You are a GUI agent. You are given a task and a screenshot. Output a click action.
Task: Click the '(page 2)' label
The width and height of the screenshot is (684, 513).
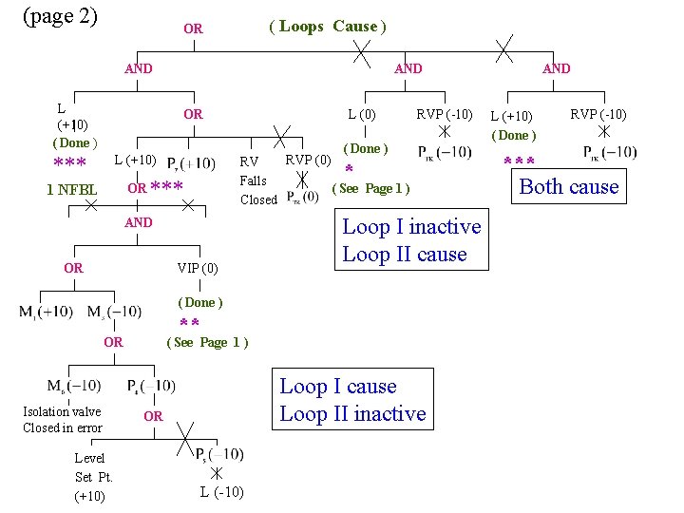(x=59, y=16)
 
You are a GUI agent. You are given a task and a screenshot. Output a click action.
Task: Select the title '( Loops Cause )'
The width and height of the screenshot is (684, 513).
(x=328, y=27)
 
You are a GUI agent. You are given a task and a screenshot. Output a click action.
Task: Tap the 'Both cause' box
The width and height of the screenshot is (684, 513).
(x=569, y=187)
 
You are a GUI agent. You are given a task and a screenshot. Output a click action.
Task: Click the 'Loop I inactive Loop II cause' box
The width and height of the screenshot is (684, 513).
(x=411, y=240)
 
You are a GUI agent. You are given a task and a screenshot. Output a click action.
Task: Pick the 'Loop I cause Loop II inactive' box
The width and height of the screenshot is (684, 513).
(x=352, y=400)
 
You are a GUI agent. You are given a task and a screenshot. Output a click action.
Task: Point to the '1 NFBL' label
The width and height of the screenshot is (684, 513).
(x=72, y=190)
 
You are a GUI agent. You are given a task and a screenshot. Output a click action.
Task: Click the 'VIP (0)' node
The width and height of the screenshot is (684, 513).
(x=198, y=268)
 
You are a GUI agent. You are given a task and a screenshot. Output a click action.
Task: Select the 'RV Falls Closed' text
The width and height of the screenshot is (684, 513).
(x=258, y=180)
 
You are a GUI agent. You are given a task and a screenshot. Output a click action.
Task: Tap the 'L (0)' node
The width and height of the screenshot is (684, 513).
(x=362, y=115)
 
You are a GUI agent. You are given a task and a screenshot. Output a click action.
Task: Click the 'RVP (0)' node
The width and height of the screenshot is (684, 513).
(x=308, y=159)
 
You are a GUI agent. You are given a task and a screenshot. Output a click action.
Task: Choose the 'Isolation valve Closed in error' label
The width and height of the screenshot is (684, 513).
(x=63, y=420)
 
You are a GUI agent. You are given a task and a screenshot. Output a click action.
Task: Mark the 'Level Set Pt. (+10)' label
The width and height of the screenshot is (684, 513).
(x=93, y=477)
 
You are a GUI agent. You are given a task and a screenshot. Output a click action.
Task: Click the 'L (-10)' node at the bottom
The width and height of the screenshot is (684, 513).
(x=221, y=492)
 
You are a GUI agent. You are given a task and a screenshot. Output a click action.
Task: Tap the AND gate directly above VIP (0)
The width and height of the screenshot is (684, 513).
(x=139, y=222)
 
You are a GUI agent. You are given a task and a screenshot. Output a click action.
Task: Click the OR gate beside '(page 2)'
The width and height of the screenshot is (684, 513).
(x=193, y=29)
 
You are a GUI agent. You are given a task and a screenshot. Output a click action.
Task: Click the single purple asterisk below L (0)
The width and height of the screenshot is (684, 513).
(x=348, y=171)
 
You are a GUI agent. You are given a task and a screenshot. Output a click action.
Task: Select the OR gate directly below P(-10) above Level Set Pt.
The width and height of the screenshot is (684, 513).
(x=153, y=416)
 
